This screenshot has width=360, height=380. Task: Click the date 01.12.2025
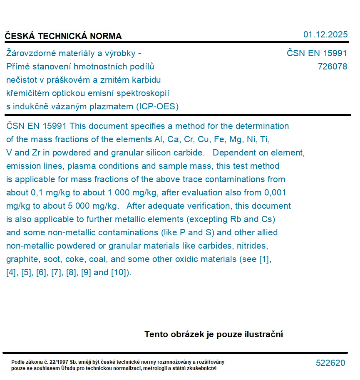point(325,35)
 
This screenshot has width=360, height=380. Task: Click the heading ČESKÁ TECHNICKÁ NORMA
point(63,36)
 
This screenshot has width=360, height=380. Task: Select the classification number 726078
point(332,67)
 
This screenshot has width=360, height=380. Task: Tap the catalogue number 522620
point(330,363)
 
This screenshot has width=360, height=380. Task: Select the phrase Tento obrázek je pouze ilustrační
point(214,334)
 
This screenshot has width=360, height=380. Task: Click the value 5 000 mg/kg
point(91,206)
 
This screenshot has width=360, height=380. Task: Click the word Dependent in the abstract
point(233,153)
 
